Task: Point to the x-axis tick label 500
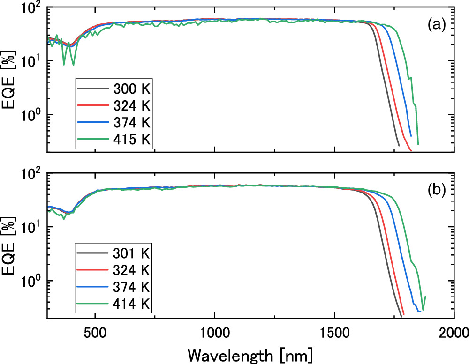point(95,333)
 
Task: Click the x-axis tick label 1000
point(214,333)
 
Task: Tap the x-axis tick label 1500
point(334,333)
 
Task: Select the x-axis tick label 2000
point(453,333)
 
